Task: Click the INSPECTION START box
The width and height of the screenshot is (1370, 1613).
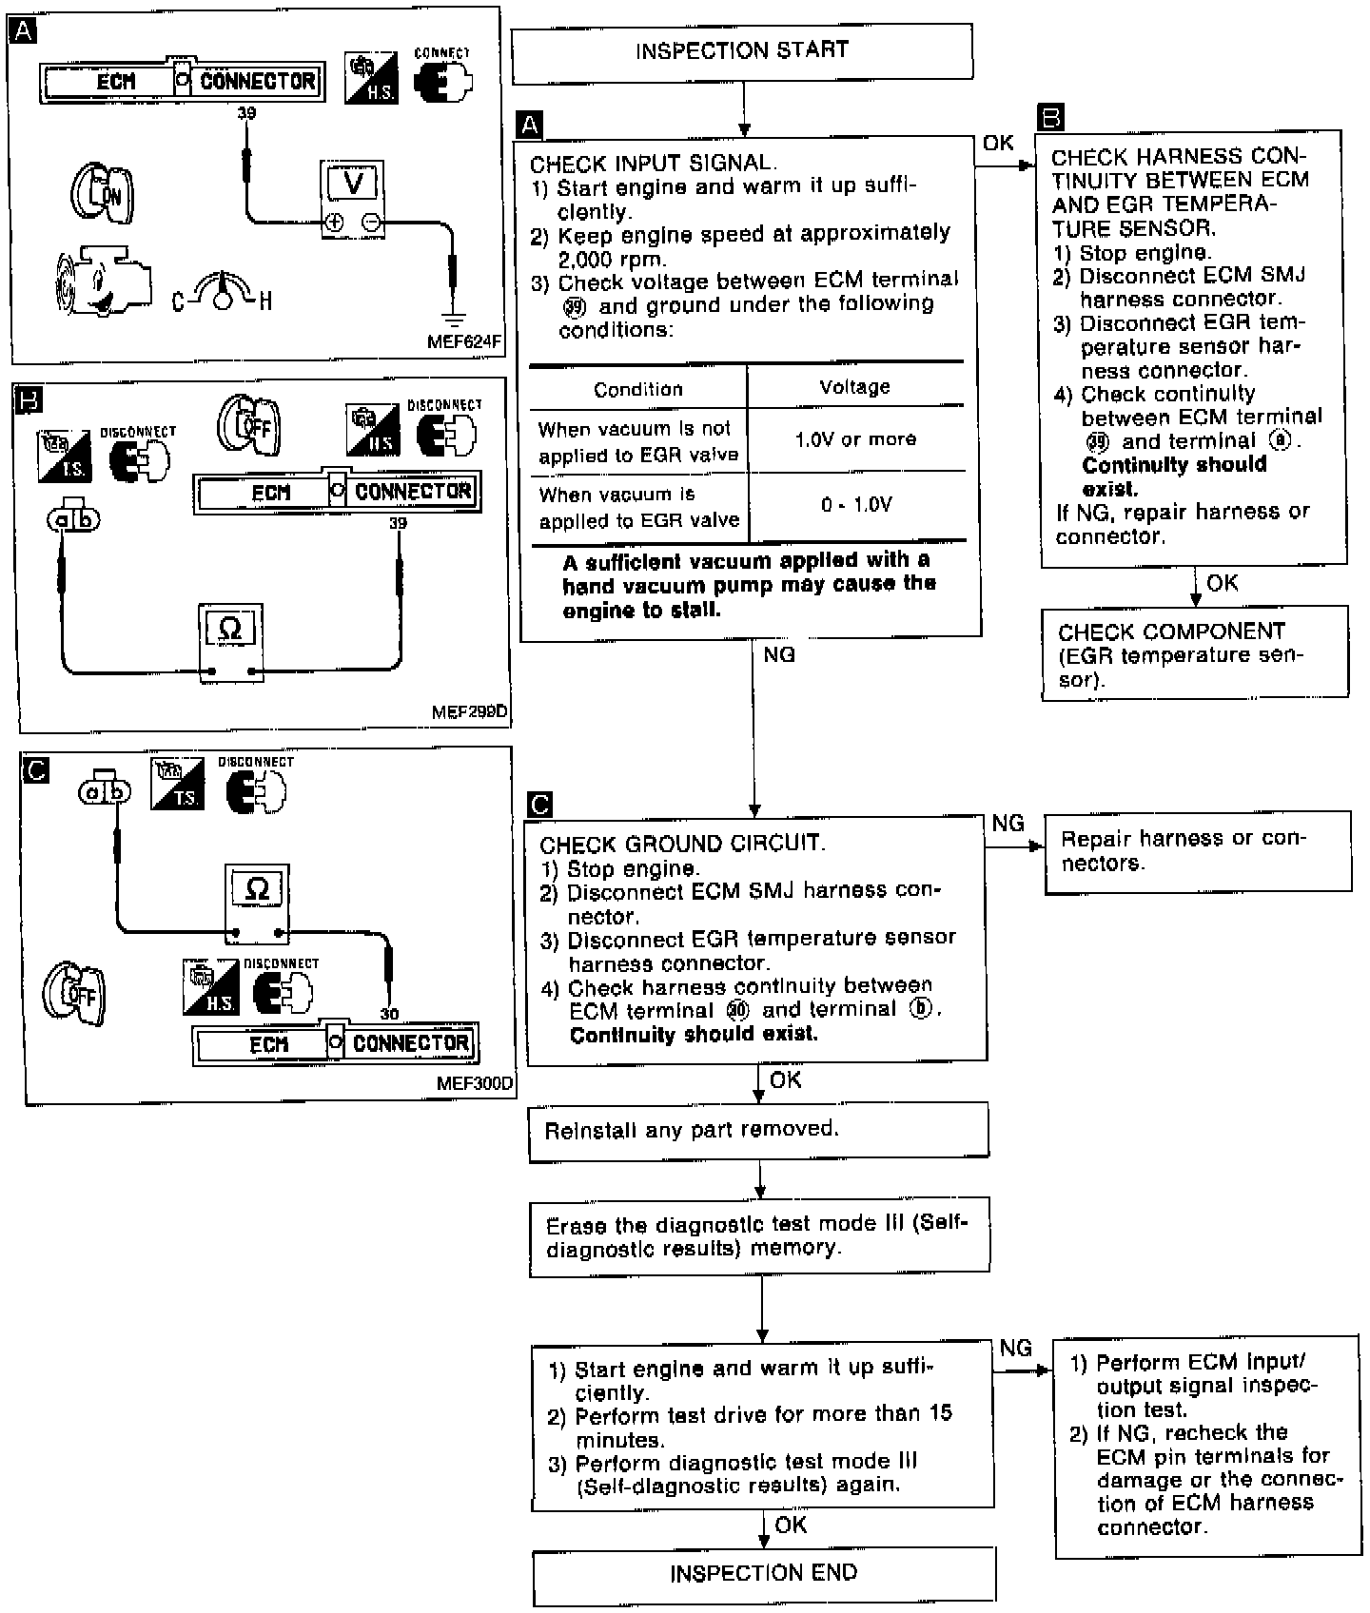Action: pyautogui.click(x=742, y=51)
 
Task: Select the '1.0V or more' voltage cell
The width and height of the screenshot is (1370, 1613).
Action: pyautogui.click(x=855, y=439)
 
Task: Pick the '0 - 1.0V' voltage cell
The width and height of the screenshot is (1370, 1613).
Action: pyautogui.click(x=855, y=505)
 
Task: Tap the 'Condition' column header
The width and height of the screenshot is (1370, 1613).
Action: pyautogui.click(x=637, y=390)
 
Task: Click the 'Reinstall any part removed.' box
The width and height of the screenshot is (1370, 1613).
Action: pyautogui.click(x=758, y=1131)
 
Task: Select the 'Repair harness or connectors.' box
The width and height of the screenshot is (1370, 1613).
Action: pyautogui.click(x=1197, y=851)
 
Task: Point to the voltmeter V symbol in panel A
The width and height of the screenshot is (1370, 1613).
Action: pyautogui.click(x=352, y=183)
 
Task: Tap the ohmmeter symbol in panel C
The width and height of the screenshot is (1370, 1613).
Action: pyautogui.click(x=257, y=890)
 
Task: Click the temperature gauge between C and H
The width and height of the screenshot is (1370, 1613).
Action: pyautogui.click(x=222, y=291)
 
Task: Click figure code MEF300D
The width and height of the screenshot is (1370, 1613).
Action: pyautogui.click(x=475, y=1083)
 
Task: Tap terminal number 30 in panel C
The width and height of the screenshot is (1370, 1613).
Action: pyautogui.click(x=389, y=1014)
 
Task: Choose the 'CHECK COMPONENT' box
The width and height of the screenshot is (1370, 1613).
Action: pyautogui.click(x=1194, y=655)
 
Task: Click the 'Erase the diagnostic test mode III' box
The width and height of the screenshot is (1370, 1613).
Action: pyautogui.click(x=758, y=1235)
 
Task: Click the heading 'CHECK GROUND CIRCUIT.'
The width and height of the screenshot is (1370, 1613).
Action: pyautogui.click(x=681, y=844)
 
